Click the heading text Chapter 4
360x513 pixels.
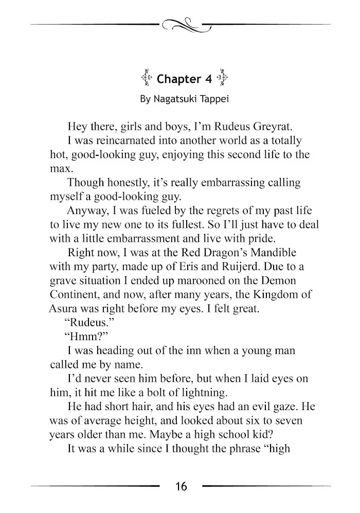pos(179,79)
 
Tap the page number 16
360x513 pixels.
pos(181,486)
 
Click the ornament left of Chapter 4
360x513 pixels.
pos(146,78)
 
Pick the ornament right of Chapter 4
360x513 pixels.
pos(223,78)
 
